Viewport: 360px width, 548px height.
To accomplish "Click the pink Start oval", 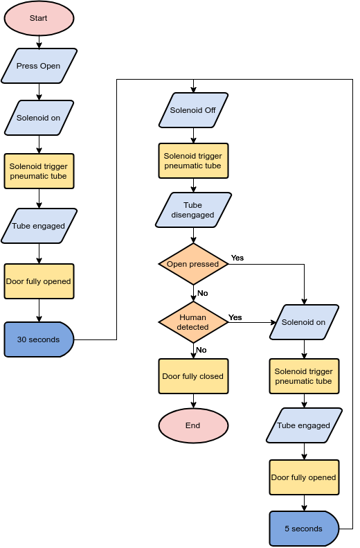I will (39, 18).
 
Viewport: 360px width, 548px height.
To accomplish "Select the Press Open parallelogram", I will (39, 66).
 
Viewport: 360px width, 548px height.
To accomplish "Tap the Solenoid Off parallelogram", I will (193, 110).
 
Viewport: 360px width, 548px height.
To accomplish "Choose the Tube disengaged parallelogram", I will (193, 210).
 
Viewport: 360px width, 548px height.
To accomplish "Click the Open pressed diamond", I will (193, 264).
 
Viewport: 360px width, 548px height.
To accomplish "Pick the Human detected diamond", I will (193, 322).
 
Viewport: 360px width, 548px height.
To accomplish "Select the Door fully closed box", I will (193, 376).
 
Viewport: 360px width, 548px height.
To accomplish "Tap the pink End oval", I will (193, 425).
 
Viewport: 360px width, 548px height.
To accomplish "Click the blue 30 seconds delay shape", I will (39, 339).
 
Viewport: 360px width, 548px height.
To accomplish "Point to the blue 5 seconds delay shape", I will (303, 529).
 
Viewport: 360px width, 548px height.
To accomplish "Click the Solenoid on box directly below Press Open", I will (39, 118).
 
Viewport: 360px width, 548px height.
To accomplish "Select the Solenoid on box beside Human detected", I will (304, 322).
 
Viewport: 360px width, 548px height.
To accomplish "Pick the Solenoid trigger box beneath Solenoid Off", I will (193, 161).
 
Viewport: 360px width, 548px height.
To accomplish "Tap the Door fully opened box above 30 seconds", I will (39, 281).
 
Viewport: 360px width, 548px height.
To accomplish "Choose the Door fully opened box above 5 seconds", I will (304, 477).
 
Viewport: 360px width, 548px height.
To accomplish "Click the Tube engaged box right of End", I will (304, 425).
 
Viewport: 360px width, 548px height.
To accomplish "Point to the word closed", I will (211, 376).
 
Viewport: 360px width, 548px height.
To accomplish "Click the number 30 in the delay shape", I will (22, 339).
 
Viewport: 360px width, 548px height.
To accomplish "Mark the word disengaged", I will (193, 215).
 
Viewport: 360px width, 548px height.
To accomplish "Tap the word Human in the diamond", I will (193, 317).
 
